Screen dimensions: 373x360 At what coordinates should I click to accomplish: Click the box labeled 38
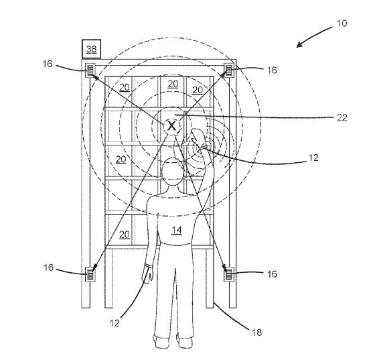[91, 49]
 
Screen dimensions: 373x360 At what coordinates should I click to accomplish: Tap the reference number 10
[342, 23]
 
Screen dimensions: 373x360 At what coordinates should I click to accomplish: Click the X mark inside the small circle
[171, 125]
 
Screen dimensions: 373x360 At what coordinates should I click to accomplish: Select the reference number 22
[342, 117]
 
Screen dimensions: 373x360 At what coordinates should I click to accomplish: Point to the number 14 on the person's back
[177, 230]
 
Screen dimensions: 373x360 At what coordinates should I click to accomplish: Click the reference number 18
[256, 332]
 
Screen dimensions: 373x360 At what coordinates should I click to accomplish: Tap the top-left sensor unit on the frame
[90, 70]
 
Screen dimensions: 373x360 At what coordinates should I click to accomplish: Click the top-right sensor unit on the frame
[228, 70]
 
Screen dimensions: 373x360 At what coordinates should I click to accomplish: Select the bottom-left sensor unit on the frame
[90, 274]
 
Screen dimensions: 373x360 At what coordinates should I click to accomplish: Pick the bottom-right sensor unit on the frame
[229, 274]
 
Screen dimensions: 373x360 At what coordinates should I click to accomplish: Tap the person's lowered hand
[147, 274]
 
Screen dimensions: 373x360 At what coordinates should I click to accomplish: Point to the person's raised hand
[198, 137]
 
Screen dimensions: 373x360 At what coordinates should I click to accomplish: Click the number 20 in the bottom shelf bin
[124, 235]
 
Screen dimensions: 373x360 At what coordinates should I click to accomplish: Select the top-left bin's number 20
[125, 87]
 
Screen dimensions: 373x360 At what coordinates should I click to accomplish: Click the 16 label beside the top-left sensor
[48, 64]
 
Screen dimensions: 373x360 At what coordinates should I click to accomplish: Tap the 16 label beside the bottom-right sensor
[272, 274]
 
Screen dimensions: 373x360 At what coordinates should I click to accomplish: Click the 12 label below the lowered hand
[115, 323]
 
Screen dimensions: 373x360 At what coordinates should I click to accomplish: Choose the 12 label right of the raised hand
[313, 158]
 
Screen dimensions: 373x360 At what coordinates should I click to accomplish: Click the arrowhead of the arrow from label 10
[299, 45]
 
